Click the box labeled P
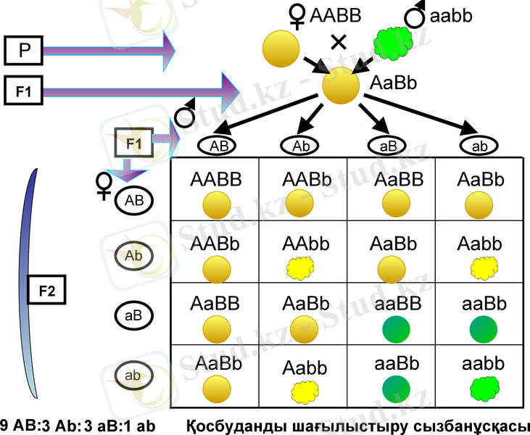pos(24,51)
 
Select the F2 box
pos(47,292)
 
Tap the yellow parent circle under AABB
pos(281,49)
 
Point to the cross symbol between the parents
pos(339,42)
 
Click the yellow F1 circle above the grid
pos(341,86)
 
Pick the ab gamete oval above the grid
pos(479,146)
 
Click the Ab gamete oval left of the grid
pos(133,255)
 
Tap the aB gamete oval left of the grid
pos(133,315)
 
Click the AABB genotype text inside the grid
pos(215,178)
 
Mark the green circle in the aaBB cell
pos(392,328)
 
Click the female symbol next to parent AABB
pos(297,15)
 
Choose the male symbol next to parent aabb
pos(415,14)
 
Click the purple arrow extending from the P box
pos(109,51)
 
